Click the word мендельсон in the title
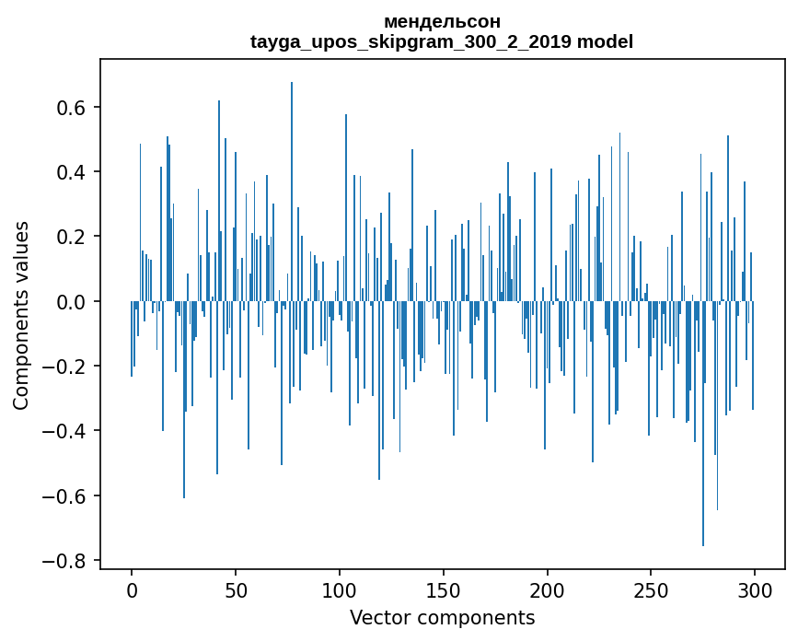(x=442, y=21)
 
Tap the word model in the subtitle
(x=605, y=41)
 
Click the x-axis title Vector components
(x=442, y=618)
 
